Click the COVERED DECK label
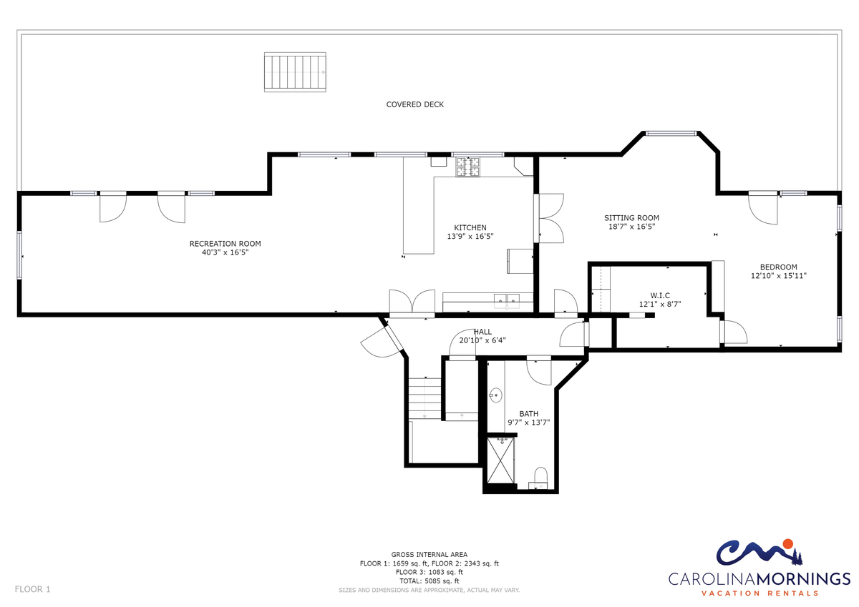[414, 104]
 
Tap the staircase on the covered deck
[295, 72]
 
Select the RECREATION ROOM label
[225, 244]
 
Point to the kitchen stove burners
[467, 167]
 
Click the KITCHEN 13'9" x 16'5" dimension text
[470, 236]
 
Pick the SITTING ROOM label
[631, 218]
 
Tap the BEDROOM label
[779, 267]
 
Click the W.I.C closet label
[660, 295]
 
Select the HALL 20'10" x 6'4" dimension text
[482, 340]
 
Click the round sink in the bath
[496, 395]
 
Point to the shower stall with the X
[500, 460]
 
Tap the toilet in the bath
[540, 478]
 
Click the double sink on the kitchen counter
[507, 301]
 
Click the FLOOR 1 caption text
[33, 589]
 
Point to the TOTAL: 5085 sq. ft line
[429, 581]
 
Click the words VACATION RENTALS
[759, 593]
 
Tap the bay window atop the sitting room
[671, 133]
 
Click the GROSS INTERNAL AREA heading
[429, 554]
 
